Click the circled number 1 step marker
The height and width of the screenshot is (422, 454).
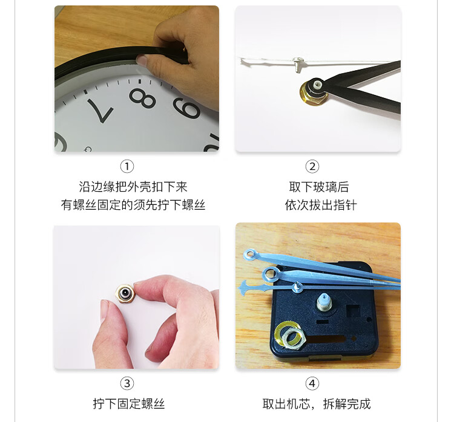pyautogui.click(x=127, y=167)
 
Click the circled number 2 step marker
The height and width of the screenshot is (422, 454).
pyautogui.click(x=312, y=167)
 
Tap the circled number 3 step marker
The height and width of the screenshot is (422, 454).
pyautogui.click(x=127, y=383)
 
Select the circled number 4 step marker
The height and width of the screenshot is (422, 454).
pyautogui.click(x=312, y=383)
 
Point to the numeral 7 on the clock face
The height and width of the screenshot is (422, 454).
pyautogui.click(x=100, y=110)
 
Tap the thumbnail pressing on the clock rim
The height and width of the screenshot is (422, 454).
pyautogui.click(x=142, y=60)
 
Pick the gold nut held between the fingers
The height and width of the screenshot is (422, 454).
pyautogui.click(x=125, y=293)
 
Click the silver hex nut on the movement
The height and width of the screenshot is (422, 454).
pyautogui.click(x=292, y=339)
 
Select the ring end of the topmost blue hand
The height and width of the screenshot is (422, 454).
pyautogui.click(x=251, y=255)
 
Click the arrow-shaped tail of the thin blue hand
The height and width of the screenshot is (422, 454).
pyautogui.click(x=244, y=288)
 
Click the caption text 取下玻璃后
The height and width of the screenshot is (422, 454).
pyautogui.click(x=319, y=187)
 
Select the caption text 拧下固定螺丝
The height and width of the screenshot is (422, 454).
pyautogui.click(x=129, y=404)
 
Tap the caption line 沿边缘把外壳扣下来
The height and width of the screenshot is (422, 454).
pyautogui.click(x=133, y=187)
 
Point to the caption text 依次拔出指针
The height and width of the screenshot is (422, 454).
pyautogui.click(x=321, y=205)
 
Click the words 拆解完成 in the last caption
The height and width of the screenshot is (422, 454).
pyautogui.click(x=347, y=404)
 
